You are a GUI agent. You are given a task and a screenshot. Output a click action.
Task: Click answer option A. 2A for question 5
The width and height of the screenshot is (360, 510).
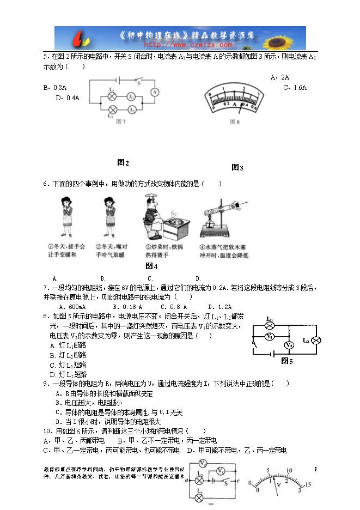click(279, 77)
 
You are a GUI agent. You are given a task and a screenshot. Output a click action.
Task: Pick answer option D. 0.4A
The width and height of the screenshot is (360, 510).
click(68, 98)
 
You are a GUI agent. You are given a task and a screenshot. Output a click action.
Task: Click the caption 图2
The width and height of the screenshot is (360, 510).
click(123, 162)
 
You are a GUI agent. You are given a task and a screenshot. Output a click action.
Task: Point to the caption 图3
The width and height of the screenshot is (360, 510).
click(237, 167)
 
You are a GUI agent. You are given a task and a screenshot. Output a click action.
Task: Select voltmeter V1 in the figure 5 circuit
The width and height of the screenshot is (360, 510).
click(269, 337)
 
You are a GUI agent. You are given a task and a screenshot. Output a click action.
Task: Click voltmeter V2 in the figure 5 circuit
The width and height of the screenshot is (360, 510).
click(289, 345)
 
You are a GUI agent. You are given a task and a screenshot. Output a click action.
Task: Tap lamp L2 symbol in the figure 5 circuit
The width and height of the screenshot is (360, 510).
click(315, 341)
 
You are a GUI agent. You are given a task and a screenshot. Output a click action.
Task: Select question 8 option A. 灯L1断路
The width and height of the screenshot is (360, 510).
click(68, 345)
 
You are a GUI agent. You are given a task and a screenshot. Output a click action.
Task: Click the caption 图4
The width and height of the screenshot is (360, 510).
click(151, 266)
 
